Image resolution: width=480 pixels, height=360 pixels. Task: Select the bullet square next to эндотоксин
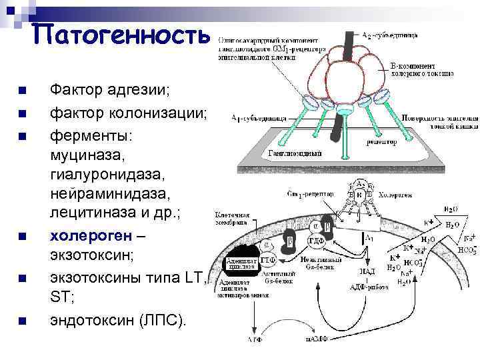[x=23, y=321]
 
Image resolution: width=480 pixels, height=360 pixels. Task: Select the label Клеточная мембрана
[x=232, y=220]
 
